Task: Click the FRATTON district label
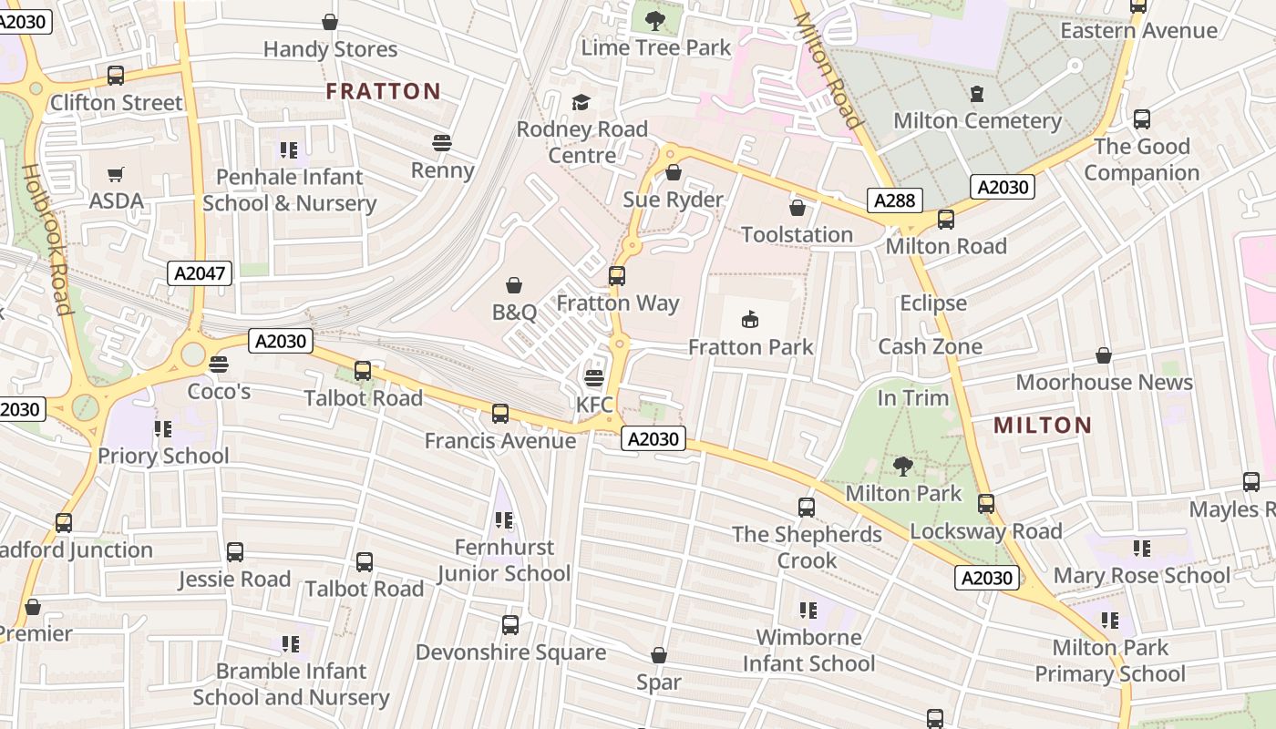click(383, 91)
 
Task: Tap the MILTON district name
click(1043, 425)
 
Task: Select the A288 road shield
click(894, 201)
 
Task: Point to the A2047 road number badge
click(200, 272)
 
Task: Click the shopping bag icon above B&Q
click(514, 285)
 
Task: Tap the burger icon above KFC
click(594, 377)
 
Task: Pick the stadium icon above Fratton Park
click(750, 319)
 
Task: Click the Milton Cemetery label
click(977, 120)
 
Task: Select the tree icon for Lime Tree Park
click(654, 20)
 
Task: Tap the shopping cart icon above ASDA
click(116, 174)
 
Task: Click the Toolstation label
click(797, 234)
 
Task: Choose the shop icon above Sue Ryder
click(674, 172)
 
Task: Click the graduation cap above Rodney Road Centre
click(581, 102)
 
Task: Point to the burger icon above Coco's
click(218, 364)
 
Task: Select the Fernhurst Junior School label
click(504, 560)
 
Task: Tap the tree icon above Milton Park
click(903, 467)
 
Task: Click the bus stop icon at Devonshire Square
click(510, 625)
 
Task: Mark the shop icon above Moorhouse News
click(1104, 355)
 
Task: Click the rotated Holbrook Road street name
click(47, 239)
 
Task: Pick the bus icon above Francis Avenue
click(499, 414)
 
